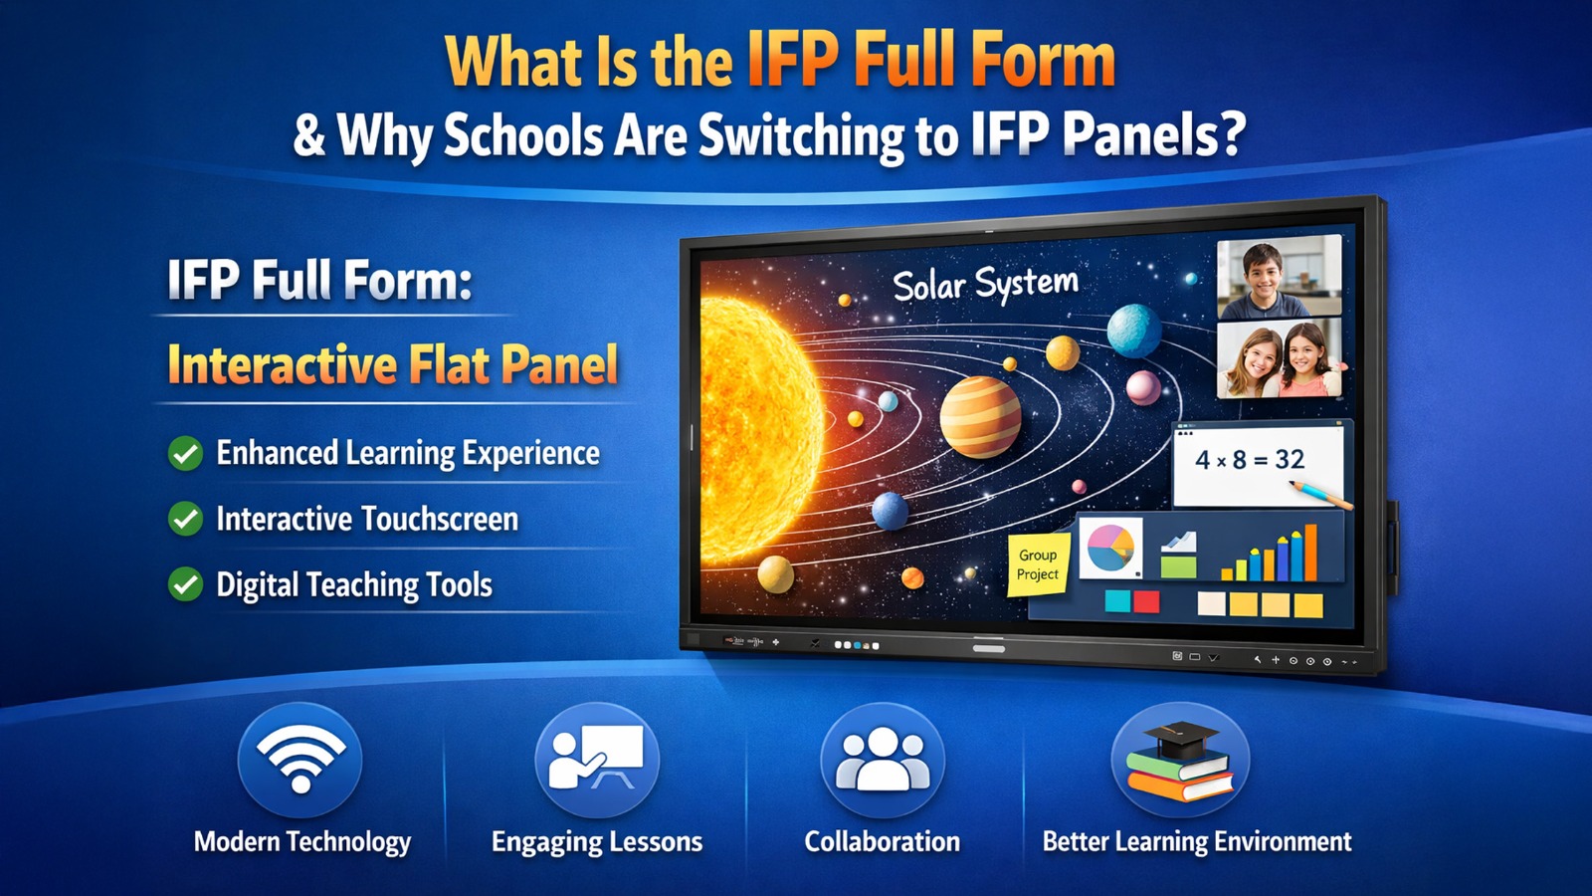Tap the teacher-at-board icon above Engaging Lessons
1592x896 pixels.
tap(597, 757)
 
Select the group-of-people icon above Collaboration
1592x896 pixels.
tap(882, 760)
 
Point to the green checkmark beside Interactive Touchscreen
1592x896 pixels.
tap(185, 519)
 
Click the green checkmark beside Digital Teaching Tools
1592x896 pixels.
tap(185, 583)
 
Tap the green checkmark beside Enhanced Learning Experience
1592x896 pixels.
tap(185, 453)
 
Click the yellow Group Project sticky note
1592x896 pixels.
tap(1038, 564)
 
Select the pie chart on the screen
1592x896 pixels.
tap(1110, 548)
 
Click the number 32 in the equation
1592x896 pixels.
tap(1290, 459)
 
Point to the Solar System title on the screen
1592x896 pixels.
tap(985, 284)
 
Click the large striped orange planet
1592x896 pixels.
tap(980, 417)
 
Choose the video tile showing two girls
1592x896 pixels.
tap(1280, 357)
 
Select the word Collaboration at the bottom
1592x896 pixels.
tap(882, 841)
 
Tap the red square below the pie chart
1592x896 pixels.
tap(1146, 601)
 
